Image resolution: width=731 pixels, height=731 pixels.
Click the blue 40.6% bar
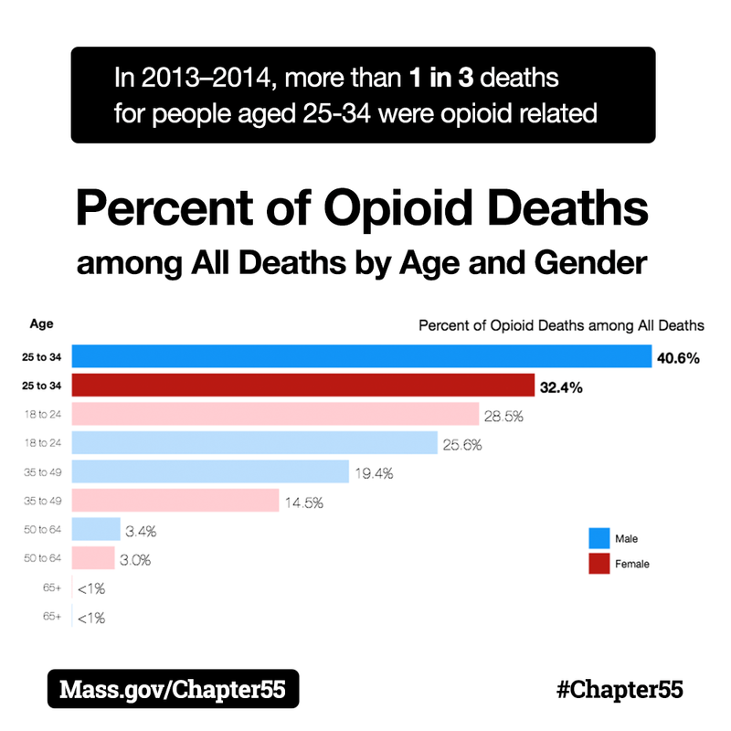[x=361, y=356]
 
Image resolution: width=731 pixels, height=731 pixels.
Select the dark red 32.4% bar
[x=302, y=386]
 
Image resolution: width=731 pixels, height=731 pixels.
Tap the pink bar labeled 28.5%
[x=275, y=415]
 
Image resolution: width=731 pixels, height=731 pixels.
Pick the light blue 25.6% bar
[x=255, y=443]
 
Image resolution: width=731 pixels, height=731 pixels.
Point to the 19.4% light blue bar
[x=210, y=471]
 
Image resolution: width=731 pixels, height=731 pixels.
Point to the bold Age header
[x=41, y=323]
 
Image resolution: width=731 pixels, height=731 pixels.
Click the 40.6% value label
[x=678, y=358]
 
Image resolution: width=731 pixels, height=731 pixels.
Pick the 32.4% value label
[x=561, y=387]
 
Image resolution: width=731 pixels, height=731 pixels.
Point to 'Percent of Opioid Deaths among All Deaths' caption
[x=561, y=324]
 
